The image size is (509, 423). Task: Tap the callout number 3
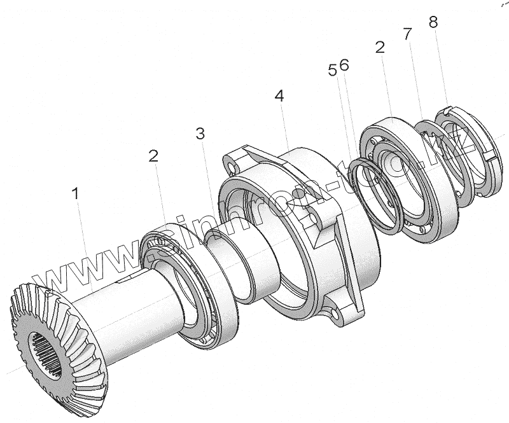tap(200, 134)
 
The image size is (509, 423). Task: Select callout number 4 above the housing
tap(279, 96)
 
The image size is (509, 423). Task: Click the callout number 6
tap(344, 65)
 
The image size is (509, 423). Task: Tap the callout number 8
tap(433, 22)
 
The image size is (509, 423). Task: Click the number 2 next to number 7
tap(380, 48)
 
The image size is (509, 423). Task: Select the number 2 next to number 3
tap(153, 156)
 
